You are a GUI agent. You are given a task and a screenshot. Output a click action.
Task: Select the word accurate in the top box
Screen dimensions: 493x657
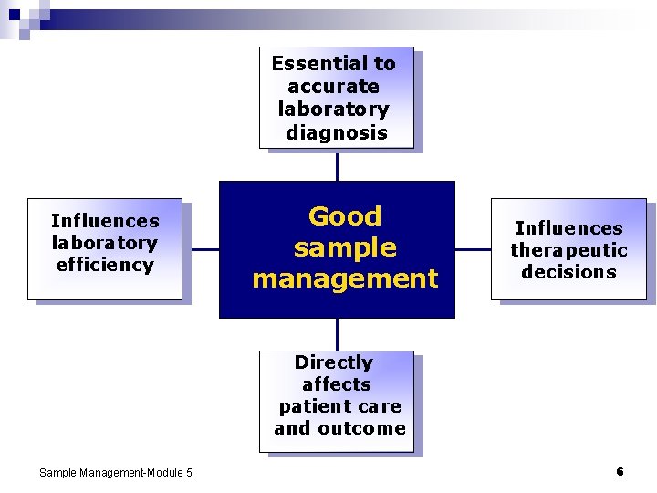click(333, 87)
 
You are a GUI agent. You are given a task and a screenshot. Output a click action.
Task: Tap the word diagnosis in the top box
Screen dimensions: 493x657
click(336, 133)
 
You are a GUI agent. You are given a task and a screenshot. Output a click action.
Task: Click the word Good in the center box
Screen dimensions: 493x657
click(345, 216)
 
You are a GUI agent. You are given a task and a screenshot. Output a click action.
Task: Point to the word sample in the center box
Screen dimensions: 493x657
click(345, 247)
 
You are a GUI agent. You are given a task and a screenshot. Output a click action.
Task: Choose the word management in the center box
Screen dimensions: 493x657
click(345, 278)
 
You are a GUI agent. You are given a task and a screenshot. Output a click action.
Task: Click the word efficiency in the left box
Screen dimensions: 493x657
click(105, 266)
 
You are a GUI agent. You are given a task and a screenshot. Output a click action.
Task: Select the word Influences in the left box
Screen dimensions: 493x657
click(105, 221)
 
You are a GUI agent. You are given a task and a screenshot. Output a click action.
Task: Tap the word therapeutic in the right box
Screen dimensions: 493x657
click(568, 251)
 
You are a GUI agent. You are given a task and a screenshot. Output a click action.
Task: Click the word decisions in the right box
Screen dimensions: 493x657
click(568, 272)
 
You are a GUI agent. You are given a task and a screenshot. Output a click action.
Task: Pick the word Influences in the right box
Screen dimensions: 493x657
click(568, 228)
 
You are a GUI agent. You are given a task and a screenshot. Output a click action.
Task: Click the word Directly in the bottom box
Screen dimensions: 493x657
click(333, 362)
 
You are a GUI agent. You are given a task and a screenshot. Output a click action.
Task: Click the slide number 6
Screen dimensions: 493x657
click(620, 471)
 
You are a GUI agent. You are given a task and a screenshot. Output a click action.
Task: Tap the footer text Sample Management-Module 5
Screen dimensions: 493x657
click(116, 472)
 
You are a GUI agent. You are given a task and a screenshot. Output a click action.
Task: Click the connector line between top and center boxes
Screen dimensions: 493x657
click(337, 165)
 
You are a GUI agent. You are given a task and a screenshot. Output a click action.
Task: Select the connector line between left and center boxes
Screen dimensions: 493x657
click(201, 249)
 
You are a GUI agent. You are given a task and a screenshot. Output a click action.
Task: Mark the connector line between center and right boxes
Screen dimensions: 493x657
click(473, 249)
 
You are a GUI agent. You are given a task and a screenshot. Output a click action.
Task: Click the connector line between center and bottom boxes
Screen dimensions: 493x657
click(337, 334)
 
